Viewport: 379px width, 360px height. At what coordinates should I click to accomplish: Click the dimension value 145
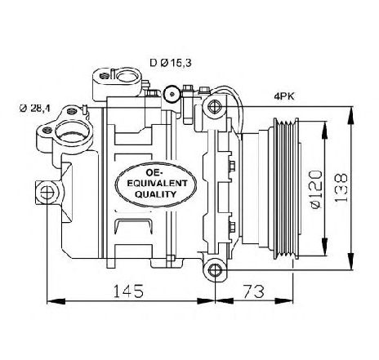[x=128, y=291]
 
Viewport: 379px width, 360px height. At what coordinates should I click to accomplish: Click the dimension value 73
[x=253, y=291]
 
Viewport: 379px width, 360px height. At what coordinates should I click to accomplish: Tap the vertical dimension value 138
[x=341, y=187]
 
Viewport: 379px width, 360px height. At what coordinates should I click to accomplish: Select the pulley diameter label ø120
[x=316, y=189]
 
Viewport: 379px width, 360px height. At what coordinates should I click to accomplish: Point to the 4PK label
[x=284, y=96]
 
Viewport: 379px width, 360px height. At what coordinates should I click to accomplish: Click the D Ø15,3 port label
[x=171, y=63]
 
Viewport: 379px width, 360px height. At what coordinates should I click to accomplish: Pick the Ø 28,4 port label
[x=34, y=109]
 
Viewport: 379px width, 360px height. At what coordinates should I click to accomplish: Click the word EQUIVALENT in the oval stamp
[x=157, y=183]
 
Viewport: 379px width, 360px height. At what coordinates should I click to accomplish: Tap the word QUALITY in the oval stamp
[x=155, y=194]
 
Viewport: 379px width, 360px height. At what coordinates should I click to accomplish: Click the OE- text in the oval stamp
[x=154, y=172]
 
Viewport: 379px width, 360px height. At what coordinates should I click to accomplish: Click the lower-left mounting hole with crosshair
[x=47, y=193]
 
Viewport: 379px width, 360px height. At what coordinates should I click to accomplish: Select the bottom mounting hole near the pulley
[x=215, y=270]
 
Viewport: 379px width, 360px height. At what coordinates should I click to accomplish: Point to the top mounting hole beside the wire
[x=215, y=106]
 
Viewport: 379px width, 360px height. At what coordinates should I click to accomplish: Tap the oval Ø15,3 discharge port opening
[x=128, y=77]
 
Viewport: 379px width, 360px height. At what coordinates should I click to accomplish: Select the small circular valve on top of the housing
[x=172, y=94]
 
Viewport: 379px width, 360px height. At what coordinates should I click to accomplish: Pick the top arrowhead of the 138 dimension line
[x=351, y=116]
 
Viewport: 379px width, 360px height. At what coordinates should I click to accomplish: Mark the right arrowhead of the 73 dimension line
[x=283, y=301]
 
